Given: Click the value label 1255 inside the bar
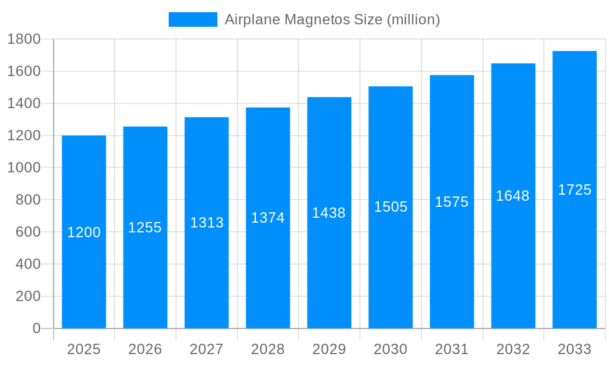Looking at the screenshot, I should point(145,228).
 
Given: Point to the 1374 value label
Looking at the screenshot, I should point(268,218).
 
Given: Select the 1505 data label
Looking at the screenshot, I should point(390,207).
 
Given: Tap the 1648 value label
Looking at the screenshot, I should point(513,196).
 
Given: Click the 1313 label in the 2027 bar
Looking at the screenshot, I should point(207,223).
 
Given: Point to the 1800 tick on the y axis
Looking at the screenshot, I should point(24,40).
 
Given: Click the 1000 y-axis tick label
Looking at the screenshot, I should point(24,168).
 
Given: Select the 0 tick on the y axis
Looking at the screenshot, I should point(36,328).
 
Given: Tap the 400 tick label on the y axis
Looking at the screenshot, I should point(27,264).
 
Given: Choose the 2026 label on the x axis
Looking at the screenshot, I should point(145,349).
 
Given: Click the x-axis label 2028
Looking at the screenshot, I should point(268,349).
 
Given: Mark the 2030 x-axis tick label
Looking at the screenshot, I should point(390,349).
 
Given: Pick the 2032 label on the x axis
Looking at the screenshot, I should point(513,349).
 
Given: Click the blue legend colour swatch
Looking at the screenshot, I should point(192,19).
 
